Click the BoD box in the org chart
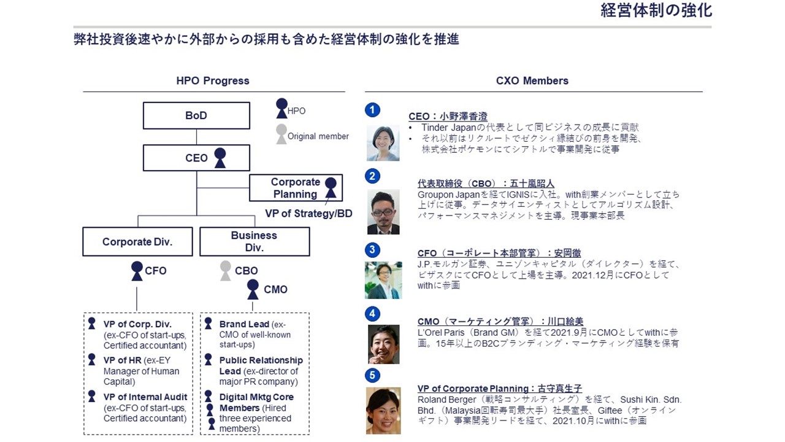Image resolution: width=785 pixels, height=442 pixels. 196,115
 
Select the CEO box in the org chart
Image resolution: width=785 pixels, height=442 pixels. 196,158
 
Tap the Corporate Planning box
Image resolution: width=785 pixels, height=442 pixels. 296,188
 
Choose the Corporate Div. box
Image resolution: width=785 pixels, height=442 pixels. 137,242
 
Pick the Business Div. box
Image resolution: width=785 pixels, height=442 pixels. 255,242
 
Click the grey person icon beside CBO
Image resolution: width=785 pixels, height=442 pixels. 225,271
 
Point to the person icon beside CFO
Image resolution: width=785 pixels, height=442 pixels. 137,271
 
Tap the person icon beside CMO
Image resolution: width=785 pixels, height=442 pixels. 253,289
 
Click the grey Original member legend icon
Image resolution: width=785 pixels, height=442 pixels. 281,134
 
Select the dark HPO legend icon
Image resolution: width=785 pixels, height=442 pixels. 281,109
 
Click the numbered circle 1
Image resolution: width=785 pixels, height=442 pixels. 372,110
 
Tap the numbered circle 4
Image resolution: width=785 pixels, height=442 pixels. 372,314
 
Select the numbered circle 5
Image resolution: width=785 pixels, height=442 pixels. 372,375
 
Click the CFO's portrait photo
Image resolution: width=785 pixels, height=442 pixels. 383,281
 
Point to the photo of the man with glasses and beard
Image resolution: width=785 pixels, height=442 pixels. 383,212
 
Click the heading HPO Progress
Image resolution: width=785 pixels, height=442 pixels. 213,80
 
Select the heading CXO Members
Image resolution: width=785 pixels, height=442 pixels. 532,80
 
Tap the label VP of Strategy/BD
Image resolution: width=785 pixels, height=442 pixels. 308,213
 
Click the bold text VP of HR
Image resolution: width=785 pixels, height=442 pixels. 122,360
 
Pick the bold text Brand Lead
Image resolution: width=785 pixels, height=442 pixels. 244,324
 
